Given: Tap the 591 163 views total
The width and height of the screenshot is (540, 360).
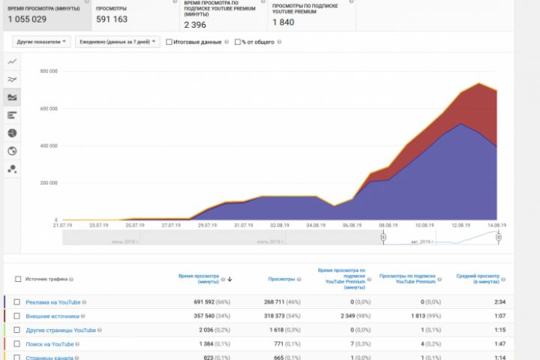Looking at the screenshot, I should coord(112,19).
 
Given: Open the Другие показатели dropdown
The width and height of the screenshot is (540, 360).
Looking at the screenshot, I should coord(42,42).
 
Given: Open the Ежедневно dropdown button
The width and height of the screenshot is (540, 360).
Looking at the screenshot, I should coord(118,42).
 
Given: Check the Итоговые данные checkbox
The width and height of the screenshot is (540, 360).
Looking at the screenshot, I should coord(169,42).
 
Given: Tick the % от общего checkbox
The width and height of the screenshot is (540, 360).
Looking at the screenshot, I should coord(238,42).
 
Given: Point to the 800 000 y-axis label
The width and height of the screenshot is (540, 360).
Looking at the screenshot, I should coord(49,71).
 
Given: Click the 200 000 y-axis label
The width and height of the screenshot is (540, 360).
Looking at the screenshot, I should coord(49,183).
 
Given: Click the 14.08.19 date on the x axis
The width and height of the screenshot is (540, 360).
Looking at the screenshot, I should coord(496,225).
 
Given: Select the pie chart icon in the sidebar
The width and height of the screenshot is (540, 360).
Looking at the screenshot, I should coord(12,133).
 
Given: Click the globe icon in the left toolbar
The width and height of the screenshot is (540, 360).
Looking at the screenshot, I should coord(12,151).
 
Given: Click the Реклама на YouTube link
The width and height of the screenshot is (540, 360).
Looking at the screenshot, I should coord(52,302).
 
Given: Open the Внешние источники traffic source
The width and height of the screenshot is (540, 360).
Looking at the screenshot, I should coord(52,316).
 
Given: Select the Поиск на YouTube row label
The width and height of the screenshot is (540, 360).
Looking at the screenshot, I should coord(49,343).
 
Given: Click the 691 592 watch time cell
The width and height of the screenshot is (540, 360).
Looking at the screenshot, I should coord(203,302).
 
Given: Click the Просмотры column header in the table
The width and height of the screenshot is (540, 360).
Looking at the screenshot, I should coord(281,279).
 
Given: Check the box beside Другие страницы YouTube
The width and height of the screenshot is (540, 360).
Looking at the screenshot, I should coord(16,330).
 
